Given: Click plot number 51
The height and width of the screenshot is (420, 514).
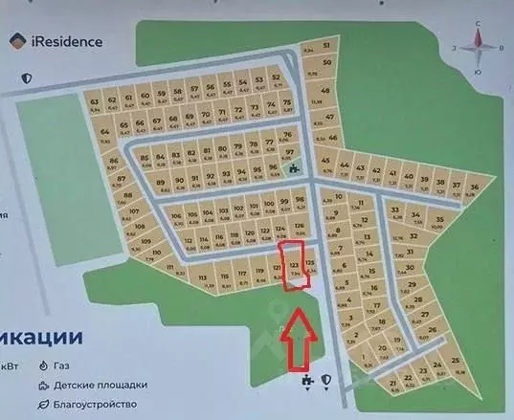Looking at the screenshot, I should point(326,46).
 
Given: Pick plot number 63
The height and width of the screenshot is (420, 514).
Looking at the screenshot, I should point(94,100).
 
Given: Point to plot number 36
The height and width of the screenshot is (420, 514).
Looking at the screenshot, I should point(473,186).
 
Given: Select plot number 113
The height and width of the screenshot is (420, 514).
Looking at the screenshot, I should point(204,278).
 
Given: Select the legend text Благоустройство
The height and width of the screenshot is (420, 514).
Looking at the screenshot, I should point(93,405).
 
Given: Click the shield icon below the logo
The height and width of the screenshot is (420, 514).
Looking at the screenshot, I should point(28,77).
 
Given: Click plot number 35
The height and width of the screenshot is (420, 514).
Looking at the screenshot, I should point(438,219).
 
